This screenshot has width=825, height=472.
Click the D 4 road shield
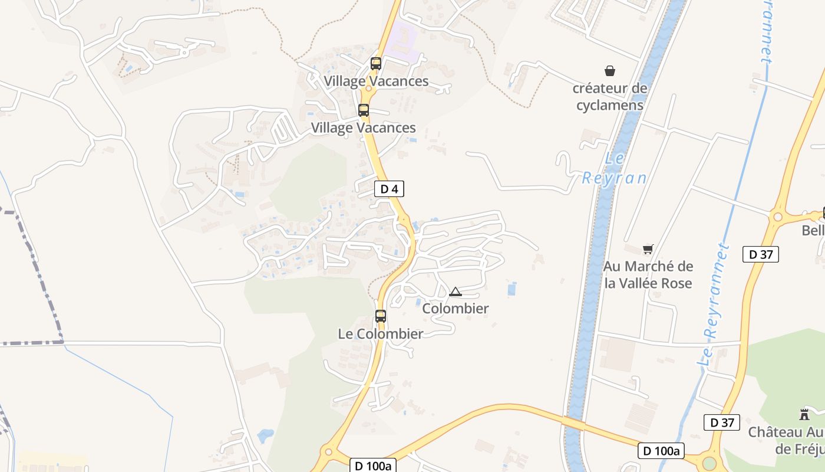[389, 189]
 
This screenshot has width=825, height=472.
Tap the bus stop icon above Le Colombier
[381, 316]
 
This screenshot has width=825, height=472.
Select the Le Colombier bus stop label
[380, 334]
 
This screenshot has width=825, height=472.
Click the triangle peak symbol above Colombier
[455, 291]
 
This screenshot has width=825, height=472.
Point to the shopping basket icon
[610, 71]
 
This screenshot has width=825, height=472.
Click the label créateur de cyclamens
[610, 97]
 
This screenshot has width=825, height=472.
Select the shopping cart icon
[648, 250]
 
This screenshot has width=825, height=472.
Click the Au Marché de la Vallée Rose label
[648, 275]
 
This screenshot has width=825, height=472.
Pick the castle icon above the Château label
[804, 414]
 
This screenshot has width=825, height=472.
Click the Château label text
[786, 440]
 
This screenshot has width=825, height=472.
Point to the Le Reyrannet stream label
[715, 307]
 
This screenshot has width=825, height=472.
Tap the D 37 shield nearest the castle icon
[721, 422]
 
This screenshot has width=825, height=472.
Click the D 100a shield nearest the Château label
[661, 451]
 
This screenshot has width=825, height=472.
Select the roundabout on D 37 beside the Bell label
[777, 217]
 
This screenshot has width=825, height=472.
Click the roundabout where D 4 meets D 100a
[328, 453]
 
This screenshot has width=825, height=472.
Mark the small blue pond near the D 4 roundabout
[266, 436]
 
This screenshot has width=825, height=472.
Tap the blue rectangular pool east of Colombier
[512, 289]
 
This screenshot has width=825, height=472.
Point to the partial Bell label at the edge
[813, 231]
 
